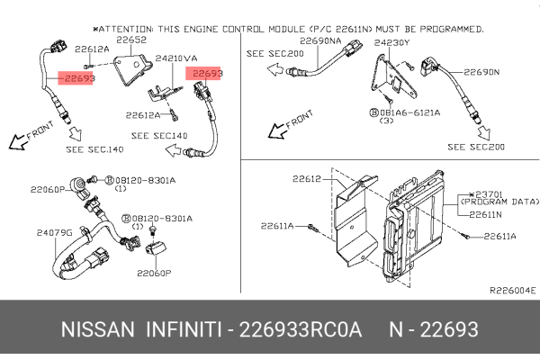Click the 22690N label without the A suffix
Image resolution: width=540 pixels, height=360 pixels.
(x=482, y=72)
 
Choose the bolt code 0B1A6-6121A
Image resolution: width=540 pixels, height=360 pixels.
(x=410, y=112)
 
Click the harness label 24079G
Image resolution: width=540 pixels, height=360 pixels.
(x=54, y=232)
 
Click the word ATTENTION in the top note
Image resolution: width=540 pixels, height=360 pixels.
(x=148, y=30)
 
